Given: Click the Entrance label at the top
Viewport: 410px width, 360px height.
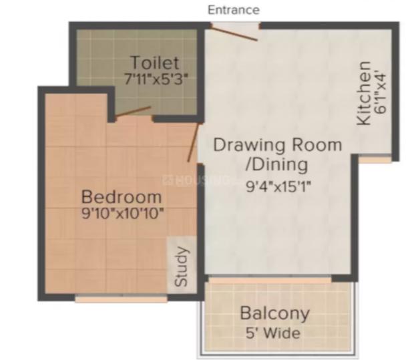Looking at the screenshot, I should (234, 10).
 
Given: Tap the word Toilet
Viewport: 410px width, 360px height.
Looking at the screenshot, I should (155, 63).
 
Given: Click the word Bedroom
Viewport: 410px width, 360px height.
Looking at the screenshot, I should (121, 198).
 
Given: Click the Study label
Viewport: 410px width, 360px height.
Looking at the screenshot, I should (182, 267).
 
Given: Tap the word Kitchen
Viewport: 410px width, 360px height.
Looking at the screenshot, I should (364, 93).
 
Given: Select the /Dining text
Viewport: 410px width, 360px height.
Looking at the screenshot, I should (276, 164).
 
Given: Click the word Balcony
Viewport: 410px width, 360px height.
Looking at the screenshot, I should (274, 313).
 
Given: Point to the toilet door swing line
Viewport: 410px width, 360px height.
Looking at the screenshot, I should (132, 112).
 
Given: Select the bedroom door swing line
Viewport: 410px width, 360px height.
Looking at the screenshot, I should (193, 140).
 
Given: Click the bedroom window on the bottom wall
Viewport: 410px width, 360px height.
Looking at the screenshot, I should (120, 299).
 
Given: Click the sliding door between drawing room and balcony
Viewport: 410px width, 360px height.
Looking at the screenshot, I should (270, 280).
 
